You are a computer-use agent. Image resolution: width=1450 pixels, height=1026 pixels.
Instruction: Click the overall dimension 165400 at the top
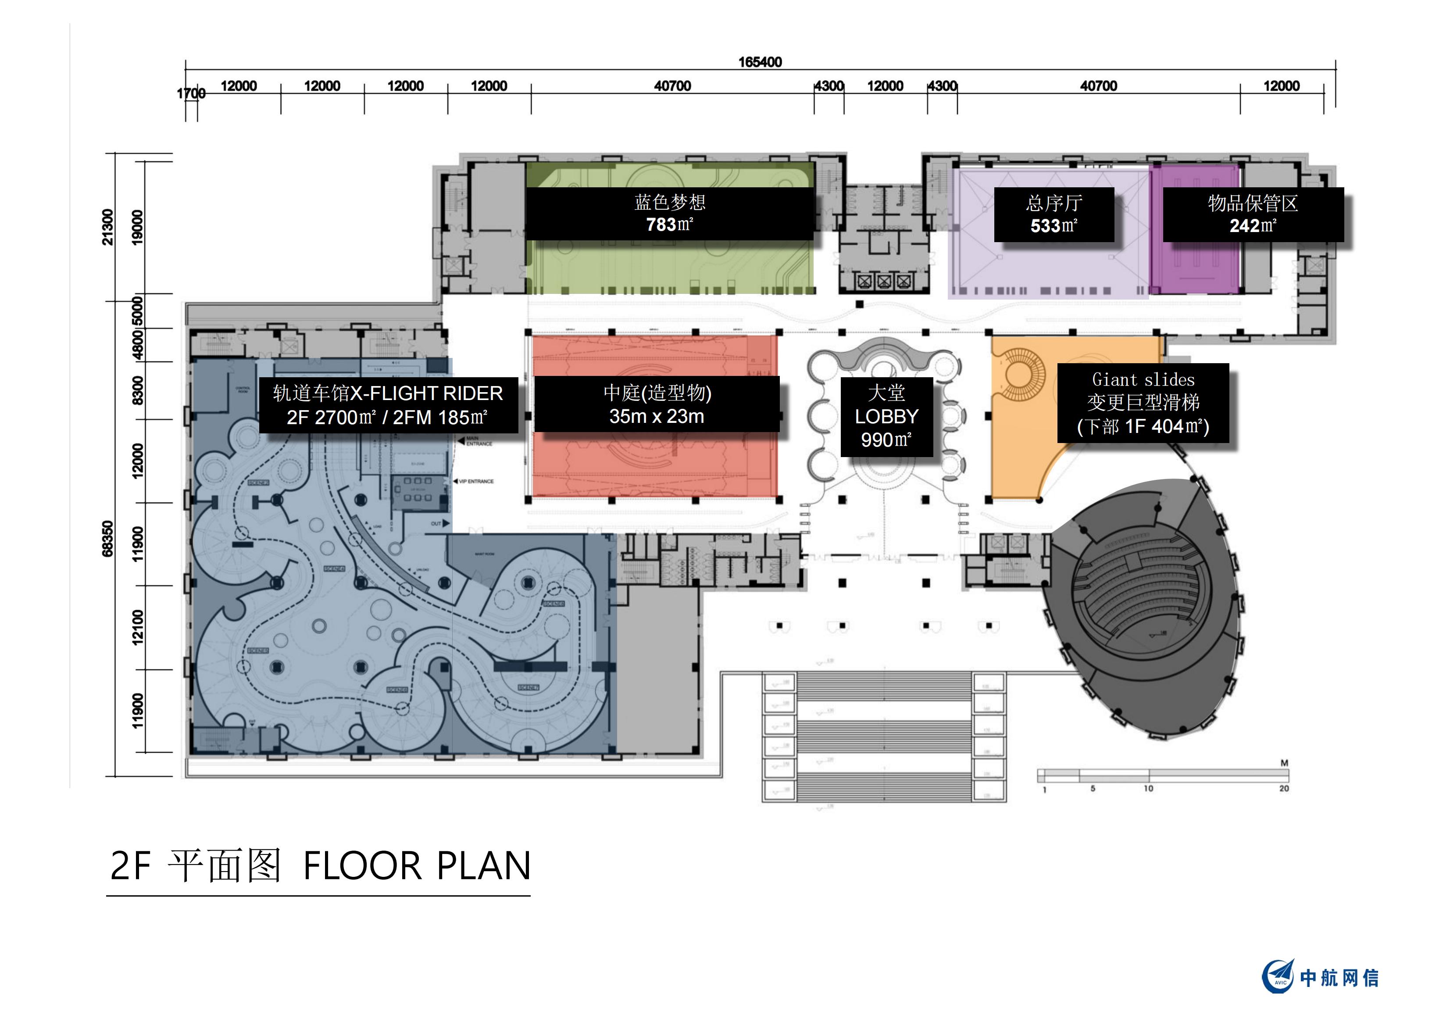[x=760, y=62]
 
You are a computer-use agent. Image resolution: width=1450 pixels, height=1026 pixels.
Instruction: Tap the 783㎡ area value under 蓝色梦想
[x=669, y=224]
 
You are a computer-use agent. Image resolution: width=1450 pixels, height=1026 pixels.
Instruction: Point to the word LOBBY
[x=887, y=416]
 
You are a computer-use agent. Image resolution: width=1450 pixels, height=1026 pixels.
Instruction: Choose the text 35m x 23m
[x=657, y=416]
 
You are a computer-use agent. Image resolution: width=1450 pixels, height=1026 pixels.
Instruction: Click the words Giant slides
[x=1143, y=380]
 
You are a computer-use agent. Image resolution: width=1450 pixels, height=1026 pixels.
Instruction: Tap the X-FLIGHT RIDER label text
[x=426, y=393]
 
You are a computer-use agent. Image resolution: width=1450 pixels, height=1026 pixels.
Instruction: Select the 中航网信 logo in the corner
[x=1320, y=977]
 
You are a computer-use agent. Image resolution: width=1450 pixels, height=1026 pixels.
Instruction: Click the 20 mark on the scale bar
[x=1283, y=788]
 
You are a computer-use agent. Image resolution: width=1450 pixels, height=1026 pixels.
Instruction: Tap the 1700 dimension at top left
[x=191, y=93]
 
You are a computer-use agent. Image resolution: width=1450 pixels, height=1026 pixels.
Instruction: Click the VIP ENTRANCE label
[x=476, y=481]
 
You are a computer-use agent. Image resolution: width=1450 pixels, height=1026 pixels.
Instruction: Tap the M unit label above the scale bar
[x=1284, y=763]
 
